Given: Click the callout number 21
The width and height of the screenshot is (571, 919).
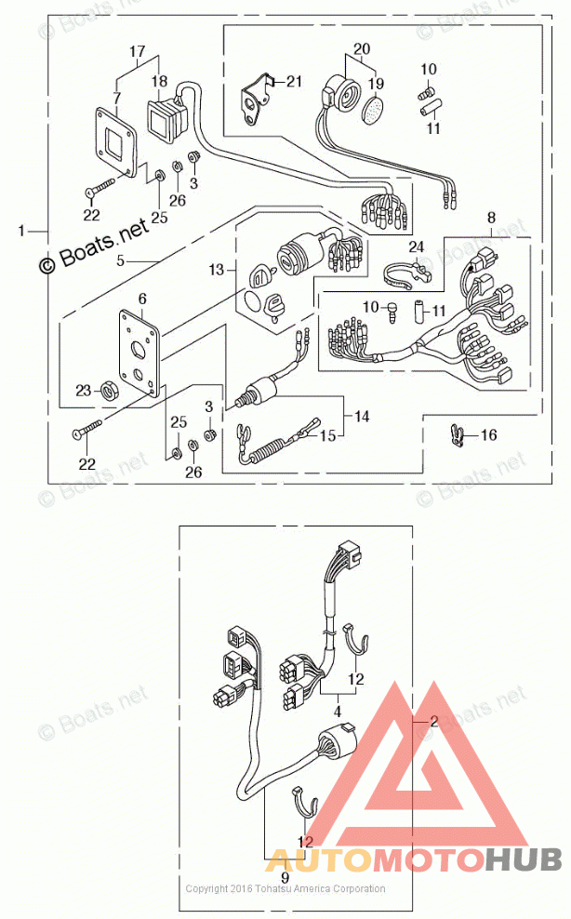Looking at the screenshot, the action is tap(294, 82).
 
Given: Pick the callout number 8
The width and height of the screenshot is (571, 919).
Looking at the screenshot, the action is tap(491, 219).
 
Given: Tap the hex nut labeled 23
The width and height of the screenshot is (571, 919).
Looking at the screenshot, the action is tap(109, 392).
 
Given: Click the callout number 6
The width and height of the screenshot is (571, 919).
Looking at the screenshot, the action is tap(142, 299).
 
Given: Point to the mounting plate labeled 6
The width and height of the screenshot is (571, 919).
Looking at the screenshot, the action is tap(139, 353).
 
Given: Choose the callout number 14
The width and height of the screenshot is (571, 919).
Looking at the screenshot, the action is tap(361, 417).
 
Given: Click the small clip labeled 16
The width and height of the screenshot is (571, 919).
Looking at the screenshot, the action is tap(456, 433).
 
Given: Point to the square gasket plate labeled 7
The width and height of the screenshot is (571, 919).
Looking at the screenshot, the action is tap(118, 140).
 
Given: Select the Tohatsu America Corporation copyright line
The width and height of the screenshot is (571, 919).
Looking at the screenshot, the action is tap(285, 889).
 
